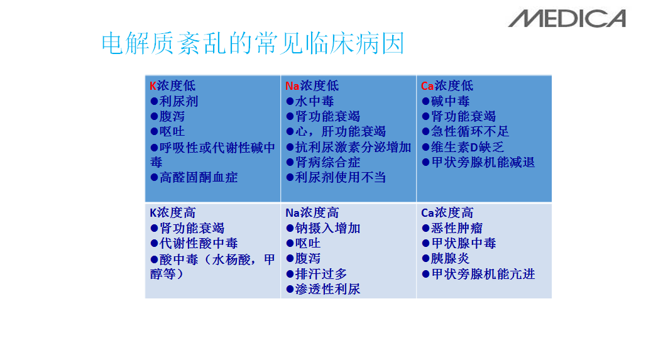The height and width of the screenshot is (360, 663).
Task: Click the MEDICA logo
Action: coord(567,19)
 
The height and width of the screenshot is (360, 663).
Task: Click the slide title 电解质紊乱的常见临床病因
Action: coord(253,43)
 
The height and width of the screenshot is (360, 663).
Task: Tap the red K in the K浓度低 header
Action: coord(153,86)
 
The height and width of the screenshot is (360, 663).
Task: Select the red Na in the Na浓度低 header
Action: coord(292,86)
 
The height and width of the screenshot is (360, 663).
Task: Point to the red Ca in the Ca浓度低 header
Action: coord(427,86)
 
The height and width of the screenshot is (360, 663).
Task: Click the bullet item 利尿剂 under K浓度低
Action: coord(174,101)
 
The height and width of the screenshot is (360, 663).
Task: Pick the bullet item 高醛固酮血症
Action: coord(194,177)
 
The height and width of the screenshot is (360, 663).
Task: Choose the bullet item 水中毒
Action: coord(310,101)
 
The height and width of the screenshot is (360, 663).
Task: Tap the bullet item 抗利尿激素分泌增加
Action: coord(348,147)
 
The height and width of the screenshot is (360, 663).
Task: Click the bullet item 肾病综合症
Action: coord(323,162)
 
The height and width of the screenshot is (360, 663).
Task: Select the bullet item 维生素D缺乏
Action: coord(463,147)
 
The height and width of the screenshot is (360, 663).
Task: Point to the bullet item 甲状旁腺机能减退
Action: coord(478,162)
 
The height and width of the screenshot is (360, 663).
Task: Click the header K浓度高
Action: coord(173,212)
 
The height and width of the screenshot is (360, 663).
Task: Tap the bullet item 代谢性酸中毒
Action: coord(194,243)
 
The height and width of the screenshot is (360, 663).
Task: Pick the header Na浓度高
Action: coord(312,212)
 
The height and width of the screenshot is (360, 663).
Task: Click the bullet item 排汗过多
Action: coord(316,274)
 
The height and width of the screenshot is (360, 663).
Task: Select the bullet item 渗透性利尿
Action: coord(323,290)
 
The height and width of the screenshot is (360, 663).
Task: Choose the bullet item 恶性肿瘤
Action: coord(452,229)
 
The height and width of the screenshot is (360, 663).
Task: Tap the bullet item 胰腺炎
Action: coord(446,259)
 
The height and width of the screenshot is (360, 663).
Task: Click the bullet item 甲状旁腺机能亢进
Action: coord(478,274)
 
